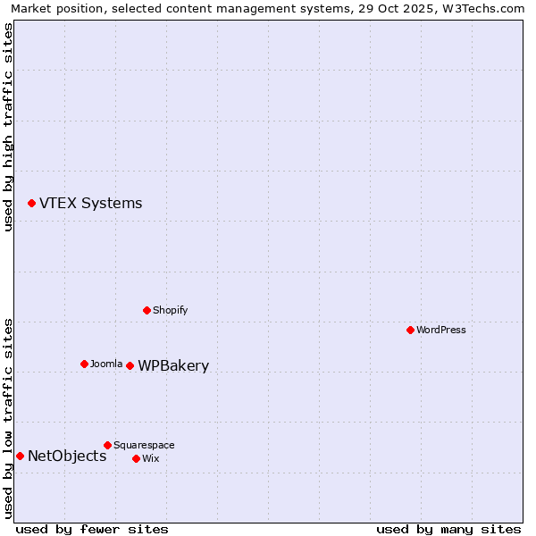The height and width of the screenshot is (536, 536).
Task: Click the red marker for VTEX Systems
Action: [x=31, y=204]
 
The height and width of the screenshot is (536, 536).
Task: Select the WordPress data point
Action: [x=410, y=330]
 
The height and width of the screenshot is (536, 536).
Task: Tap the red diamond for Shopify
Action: [x=147, y=310]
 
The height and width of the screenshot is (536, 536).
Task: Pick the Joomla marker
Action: [x=84, y=364]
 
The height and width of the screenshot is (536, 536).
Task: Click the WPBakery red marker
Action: [x=130, y=365]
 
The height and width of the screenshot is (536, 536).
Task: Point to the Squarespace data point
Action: [x=107, y=445]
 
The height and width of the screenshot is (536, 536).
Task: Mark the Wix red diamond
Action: [x=136, y=458]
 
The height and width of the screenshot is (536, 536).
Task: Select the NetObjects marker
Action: [x=20, y=456]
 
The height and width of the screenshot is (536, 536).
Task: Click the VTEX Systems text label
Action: [x=90, y=204]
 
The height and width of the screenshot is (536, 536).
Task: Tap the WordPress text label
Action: [x=440, y=330]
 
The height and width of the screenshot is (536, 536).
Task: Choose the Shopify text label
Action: [x=170, y=310]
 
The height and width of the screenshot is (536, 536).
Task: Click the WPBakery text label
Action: [x=173, y=366]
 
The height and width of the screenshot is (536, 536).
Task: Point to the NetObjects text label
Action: [x=67, y=456]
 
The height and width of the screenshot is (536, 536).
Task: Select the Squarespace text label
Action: [x=144, y=445]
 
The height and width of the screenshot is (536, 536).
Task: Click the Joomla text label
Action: [x=106, y=364]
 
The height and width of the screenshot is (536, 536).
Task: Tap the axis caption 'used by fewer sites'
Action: [x=92, y=529]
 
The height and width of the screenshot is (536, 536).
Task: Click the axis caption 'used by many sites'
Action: [x=448, y=529]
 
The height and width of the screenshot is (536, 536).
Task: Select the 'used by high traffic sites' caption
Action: [x=8, y=127]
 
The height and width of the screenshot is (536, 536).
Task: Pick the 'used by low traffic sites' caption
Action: [x=8, y=417]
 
